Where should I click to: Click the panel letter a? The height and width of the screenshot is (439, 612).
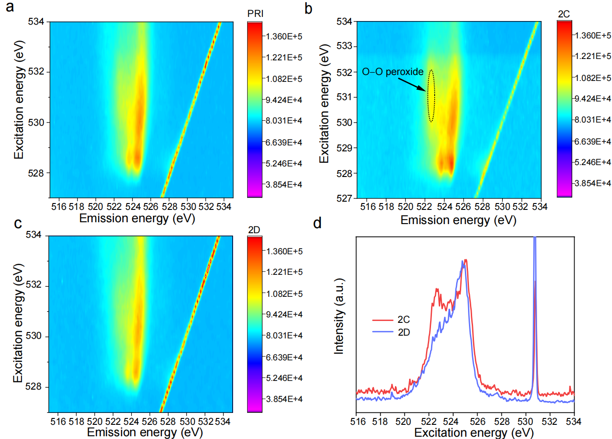point(10,7)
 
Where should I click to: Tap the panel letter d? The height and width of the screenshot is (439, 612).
point(317,223)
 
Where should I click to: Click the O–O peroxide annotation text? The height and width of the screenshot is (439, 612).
point(393,72)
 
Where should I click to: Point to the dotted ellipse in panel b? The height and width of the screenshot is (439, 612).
point(431,96)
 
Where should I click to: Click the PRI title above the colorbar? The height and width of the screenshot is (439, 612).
point(255,14)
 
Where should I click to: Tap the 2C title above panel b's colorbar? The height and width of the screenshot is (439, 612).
point(564,14)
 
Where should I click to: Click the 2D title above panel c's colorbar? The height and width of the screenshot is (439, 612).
point(254,230)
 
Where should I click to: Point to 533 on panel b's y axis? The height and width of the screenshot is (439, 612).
point(344,46)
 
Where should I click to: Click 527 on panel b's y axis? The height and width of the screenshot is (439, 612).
point(344,198)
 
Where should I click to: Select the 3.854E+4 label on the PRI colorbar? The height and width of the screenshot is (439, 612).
point(284,185)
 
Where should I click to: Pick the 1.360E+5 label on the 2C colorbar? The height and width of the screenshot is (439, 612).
point(593,36)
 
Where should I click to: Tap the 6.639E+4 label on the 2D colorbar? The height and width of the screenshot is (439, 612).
point(284,357)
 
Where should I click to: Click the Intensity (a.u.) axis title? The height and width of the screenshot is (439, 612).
point(339,316)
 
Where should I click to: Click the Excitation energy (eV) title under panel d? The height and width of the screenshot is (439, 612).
point(474,433)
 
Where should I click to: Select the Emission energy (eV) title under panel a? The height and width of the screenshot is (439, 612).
point(137,218)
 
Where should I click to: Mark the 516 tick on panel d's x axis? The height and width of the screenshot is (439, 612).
point(358,422)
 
